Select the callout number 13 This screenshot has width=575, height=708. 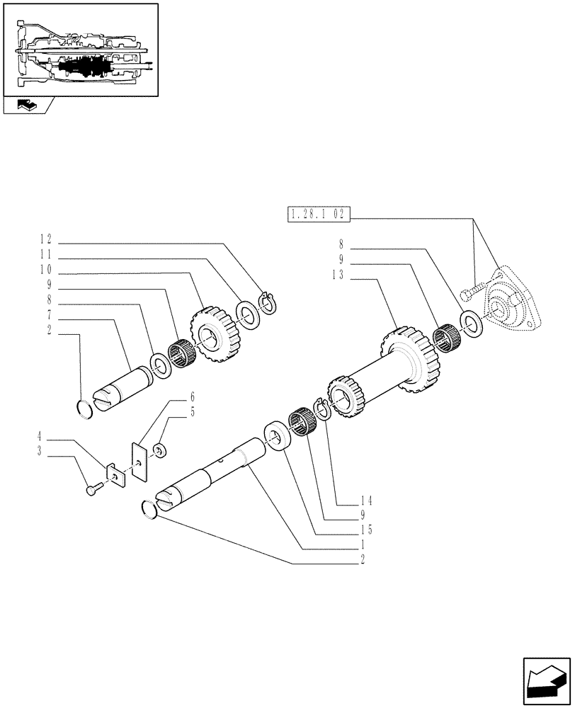point(337,277)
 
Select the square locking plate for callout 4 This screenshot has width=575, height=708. point(115,475)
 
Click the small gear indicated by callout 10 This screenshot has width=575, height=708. point(212,334)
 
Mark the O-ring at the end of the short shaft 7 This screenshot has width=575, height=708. point(85,409)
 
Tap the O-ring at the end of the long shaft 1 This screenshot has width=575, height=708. point(149,508)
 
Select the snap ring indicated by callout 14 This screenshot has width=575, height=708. point(321,409)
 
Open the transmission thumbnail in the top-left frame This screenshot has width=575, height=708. point(79,49)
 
